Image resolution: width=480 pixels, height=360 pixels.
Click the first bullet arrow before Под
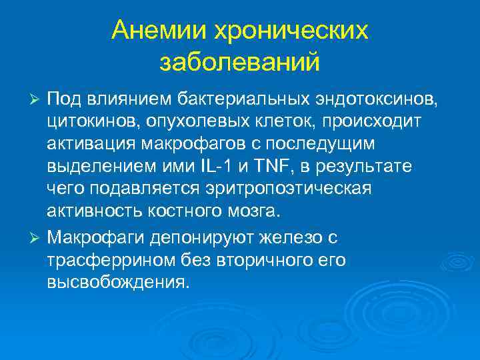(x=37, y=100)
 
